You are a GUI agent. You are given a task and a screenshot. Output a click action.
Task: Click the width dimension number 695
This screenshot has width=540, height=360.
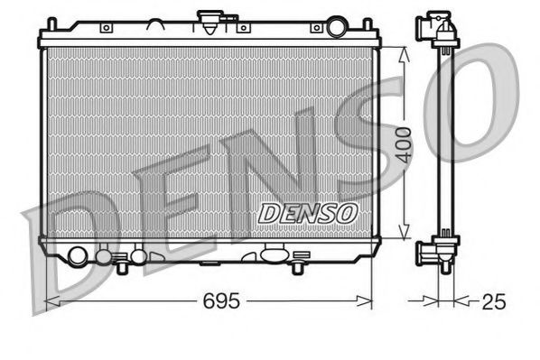(x=222, y=300)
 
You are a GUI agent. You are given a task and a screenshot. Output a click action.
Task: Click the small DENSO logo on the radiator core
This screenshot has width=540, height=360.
(x=308, y=212)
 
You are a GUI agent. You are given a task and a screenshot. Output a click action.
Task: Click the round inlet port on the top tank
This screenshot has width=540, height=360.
(x=337, y=27)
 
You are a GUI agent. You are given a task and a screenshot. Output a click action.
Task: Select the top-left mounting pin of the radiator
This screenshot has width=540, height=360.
(x=47, y=29)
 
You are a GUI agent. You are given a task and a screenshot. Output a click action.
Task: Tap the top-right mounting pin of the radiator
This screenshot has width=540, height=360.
(x=372, y=29)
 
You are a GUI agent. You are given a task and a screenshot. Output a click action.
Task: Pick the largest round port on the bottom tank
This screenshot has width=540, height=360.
(x=78, y=255)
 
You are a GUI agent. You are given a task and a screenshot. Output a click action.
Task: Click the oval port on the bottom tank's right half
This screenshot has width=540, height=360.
(x=273, y=254)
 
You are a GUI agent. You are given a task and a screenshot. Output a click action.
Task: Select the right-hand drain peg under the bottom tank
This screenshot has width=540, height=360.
(x=297, y=266)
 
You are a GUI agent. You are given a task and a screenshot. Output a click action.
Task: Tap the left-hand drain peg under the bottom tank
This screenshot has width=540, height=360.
(x=120, y=266)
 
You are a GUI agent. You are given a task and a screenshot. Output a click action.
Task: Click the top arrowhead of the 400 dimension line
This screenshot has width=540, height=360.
(x=404, y=51)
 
